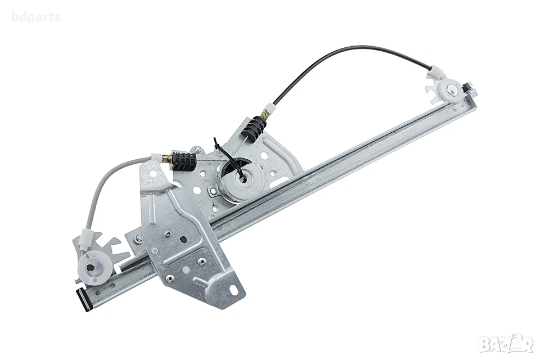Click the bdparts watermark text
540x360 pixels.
coord(36,17)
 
